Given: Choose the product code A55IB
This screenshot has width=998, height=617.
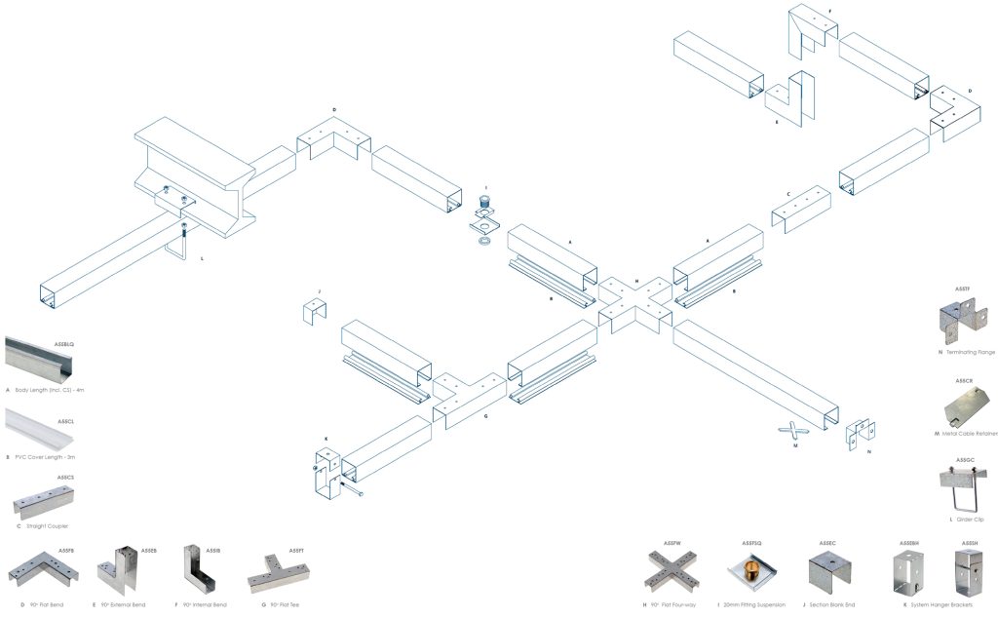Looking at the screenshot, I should tap(213, 551).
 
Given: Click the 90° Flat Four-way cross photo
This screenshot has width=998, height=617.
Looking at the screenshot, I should tap(670, 571).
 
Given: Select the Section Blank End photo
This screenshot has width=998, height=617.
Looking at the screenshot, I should tap(829, 570).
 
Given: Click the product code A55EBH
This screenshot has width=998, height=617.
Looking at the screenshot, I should tap(908, 542).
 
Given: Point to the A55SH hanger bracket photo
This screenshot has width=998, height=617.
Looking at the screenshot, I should tap(969, 572).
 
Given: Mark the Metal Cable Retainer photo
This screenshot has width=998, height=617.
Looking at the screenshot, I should tap(966, 405).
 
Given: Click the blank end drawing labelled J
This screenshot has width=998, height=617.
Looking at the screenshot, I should tap(315, 313).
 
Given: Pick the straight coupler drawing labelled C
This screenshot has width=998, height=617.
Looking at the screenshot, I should tap(801, 211).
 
